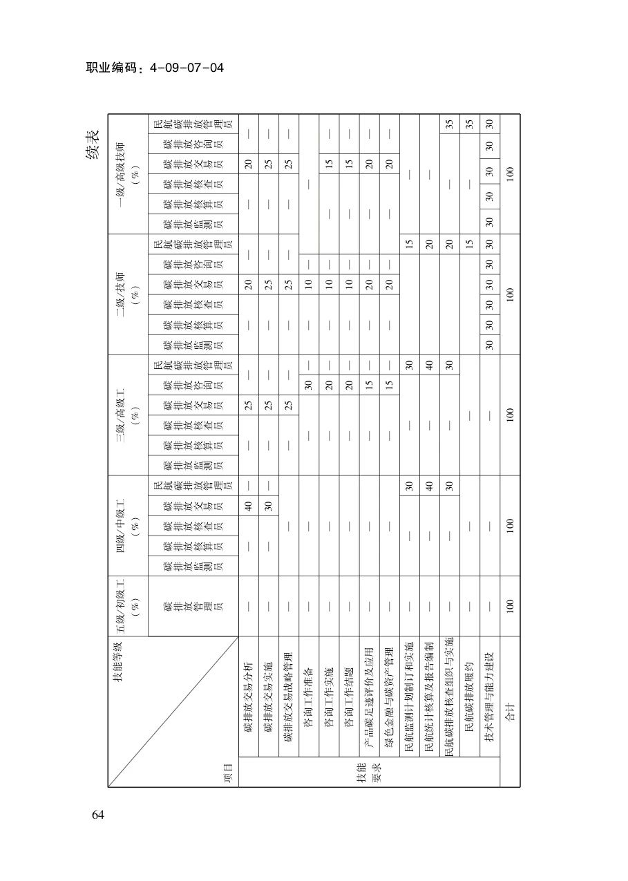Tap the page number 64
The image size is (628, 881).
[x=97, y=815]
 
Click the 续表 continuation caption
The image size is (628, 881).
[x=93, y=144]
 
